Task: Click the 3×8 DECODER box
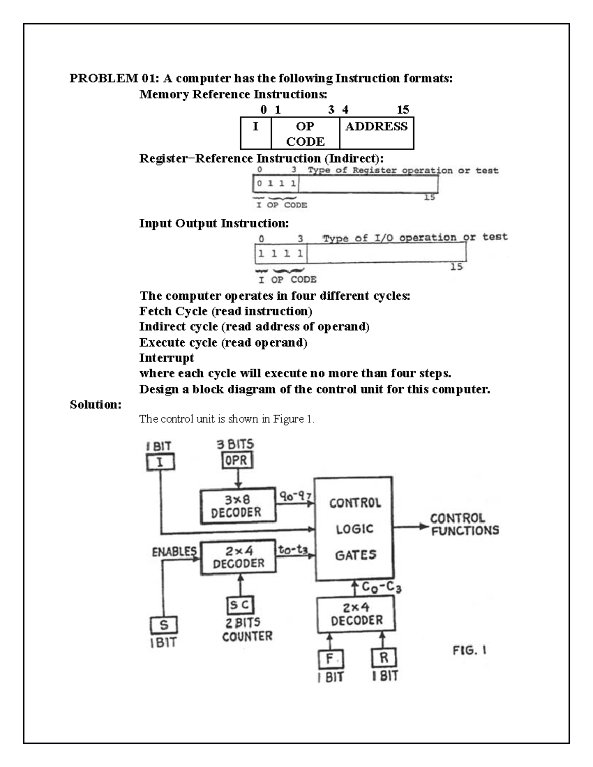pyautogui.click(x=238, y=506)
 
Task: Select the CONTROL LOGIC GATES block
pyautogui.click(x=354, y=528)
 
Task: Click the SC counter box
pyautogui.click(x=240, y=606)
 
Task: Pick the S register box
pyautogui.click(x=164, y=625)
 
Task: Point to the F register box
pyautogui.click(x=331, y=659)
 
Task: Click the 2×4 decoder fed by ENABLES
pyautogui.click(x=238, y=558)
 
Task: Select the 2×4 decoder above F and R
pyautogui.click(x=356, y=614)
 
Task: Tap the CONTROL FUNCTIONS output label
pyautogui.click(x=464, y=525)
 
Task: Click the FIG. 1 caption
pyautogui.click(x=469, y=650)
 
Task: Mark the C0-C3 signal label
pyautogui.click(x=381, y=587)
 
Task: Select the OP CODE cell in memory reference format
pyautogui.click(x=305, y=133)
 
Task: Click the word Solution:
pyautogui.click(x=95, y=404)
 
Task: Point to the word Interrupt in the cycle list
pyautogui.click(x=167, y=358)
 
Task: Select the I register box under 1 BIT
pyautogui.click(x=160, y=463)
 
